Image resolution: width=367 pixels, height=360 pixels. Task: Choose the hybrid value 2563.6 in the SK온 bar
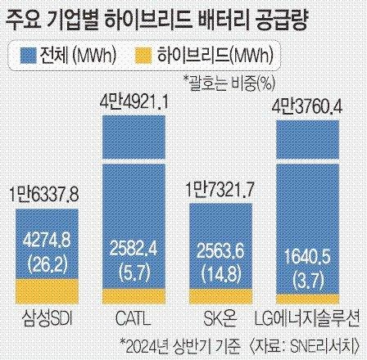point(223,250)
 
